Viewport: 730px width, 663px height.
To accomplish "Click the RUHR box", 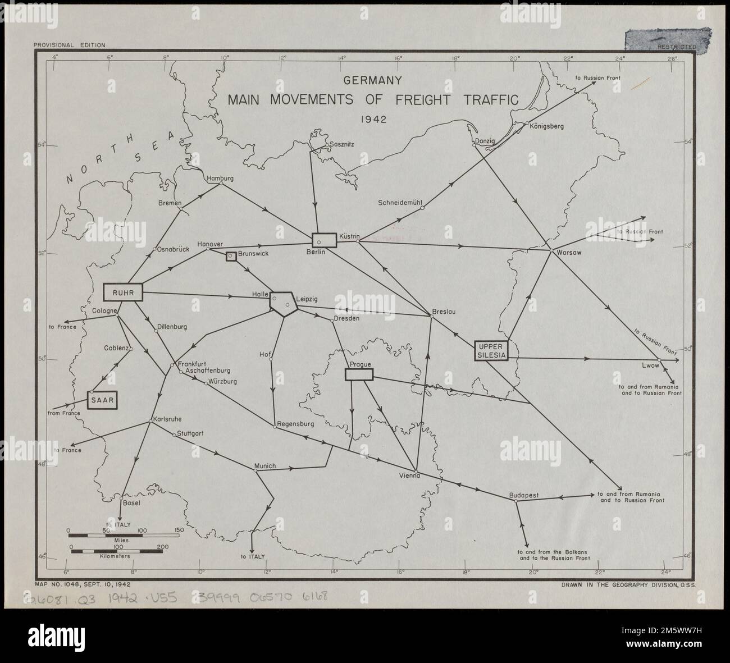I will (123, 292).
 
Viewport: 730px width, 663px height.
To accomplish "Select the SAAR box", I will (106, 400).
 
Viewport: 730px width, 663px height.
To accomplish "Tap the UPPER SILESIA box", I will (491, 350).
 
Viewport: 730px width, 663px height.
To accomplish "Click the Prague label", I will (359, 364).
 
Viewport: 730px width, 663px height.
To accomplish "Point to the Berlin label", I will (316, 252).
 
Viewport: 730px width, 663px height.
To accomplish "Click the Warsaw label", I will (569, 253).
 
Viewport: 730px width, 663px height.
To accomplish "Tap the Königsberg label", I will (546, 126).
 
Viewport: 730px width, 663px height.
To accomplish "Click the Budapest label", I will (523, 495).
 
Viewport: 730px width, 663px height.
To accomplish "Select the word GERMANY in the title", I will (373, 80).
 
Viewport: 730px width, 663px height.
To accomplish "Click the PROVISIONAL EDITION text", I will (69, 45).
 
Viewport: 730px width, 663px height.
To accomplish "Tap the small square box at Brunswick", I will (230, 256).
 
